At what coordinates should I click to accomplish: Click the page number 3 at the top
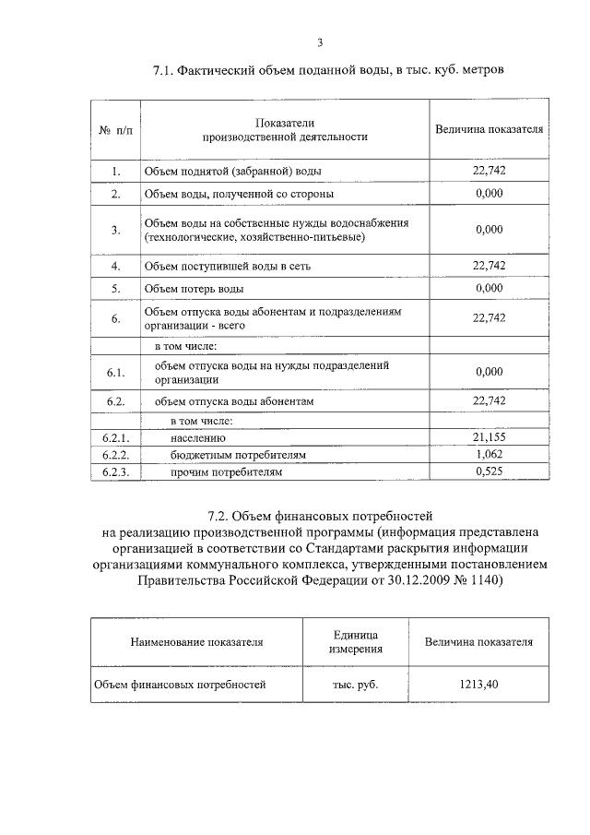tap(319, 42)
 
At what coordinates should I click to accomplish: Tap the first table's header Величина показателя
tap(489, 130)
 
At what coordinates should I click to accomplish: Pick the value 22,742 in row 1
tap(489, 171)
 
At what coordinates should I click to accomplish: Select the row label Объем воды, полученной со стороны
tap(239, 195)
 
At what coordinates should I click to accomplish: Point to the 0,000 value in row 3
tap(489, 230)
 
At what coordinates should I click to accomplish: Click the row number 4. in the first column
tap(116, 267)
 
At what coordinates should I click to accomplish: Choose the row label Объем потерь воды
tap(193, 289)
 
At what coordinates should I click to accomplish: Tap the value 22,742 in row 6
tap(489, 318)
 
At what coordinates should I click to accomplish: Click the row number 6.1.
tap(115, 372)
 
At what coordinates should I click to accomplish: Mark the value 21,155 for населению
tap(489, 437)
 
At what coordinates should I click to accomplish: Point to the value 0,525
tap(489, 471)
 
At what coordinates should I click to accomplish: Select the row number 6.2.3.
tap(115, 471)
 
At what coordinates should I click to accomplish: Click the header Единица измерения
tap(355, 642)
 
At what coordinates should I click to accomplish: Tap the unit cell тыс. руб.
tap(355, 685)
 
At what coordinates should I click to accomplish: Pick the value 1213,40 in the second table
tap(478, 685)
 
